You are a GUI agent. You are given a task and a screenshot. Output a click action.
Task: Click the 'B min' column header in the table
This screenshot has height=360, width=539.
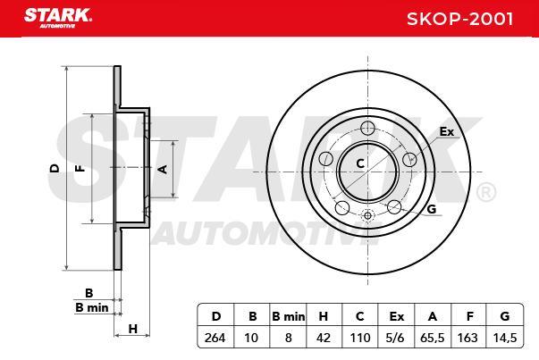point(288,315)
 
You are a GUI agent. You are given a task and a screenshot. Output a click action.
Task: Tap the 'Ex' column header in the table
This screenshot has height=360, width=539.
point(396,315)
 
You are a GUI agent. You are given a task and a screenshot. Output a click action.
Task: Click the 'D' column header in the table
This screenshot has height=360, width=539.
point(215,315)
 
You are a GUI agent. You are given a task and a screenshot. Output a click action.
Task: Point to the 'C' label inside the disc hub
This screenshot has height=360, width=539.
point(360,163)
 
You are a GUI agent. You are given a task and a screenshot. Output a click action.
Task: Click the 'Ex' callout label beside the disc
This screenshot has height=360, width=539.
point(447,131)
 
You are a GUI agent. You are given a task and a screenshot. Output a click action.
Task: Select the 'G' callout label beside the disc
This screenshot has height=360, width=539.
point(431,209)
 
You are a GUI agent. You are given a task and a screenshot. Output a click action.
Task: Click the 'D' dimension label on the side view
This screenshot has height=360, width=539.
point(55,168)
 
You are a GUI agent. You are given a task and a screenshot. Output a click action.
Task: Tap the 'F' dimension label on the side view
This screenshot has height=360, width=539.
point(80,168)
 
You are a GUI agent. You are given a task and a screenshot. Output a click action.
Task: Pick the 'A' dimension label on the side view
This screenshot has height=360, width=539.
point(162,168)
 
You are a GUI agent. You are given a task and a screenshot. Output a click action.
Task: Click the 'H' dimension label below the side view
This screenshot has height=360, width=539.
point(132,329)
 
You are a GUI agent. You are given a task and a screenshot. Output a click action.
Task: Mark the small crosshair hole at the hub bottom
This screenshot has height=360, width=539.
point(366,215)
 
